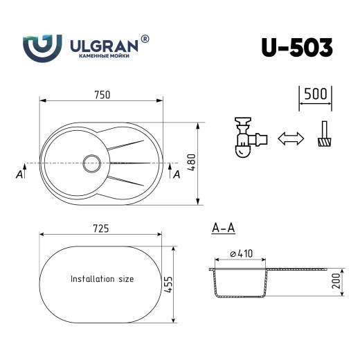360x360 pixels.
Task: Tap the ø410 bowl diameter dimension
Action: coord(239,256)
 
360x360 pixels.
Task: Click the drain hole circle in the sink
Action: coord(92,163)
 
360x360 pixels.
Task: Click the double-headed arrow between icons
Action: coord(291,138)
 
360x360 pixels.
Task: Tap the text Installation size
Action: coord(102,279)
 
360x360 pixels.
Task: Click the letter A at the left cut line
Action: coord(19,174)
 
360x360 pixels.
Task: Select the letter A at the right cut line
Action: coord(177,174)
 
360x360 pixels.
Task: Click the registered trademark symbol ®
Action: coord(145,40)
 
